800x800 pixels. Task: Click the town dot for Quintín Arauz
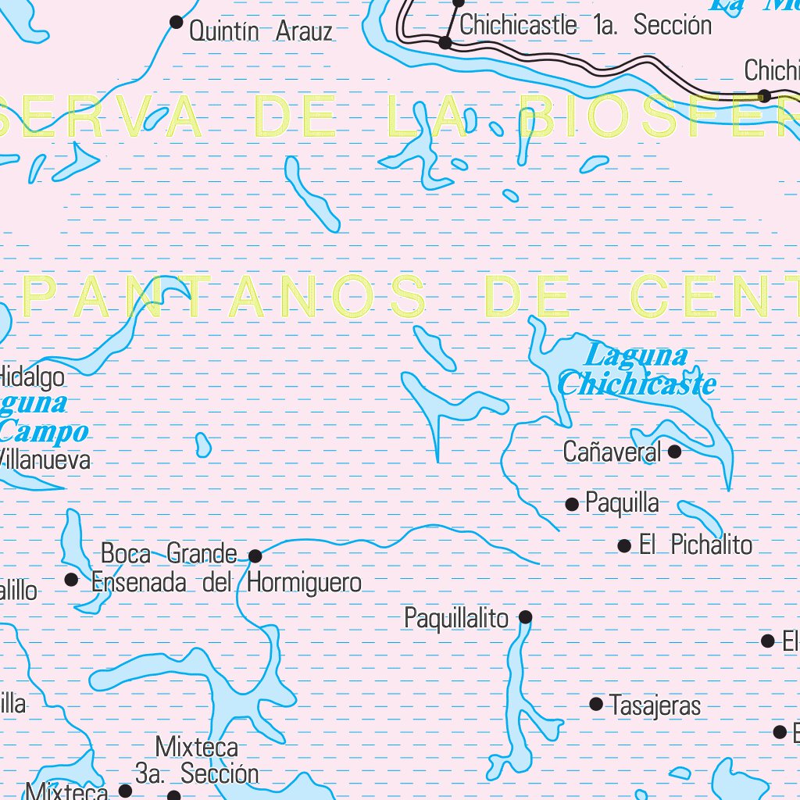pos(177,22)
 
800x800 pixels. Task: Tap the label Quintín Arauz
pos(261,32)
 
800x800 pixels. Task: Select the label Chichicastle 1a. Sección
pos(586,25)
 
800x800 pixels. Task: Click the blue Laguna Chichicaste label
pos(637,370)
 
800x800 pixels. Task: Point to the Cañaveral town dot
pos(674,452)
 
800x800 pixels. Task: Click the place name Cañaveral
pos(612,452)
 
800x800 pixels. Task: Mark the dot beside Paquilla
pos(572,505)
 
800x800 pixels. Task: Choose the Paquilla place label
pos(622,504)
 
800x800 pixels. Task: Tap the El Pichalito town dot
pos(624,546)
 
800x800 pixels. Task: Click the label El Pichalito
pos(695,545)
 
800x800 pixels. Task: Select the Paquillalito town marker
pos(526,617)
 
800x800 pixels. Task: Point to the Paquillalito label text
pos(456,618)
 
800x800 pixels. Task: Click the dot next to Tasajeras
pos(596,704)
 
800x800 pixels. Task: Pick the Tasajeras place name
pos(655,706)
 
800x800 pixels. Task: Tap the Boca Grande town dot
pos(255,555)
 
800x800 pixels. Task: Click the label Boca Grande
pos(169,554)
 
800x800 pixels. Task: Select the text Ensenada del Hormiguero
pos(227,583)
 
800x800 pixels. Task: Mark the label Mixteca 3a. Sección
pos(197,759)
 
